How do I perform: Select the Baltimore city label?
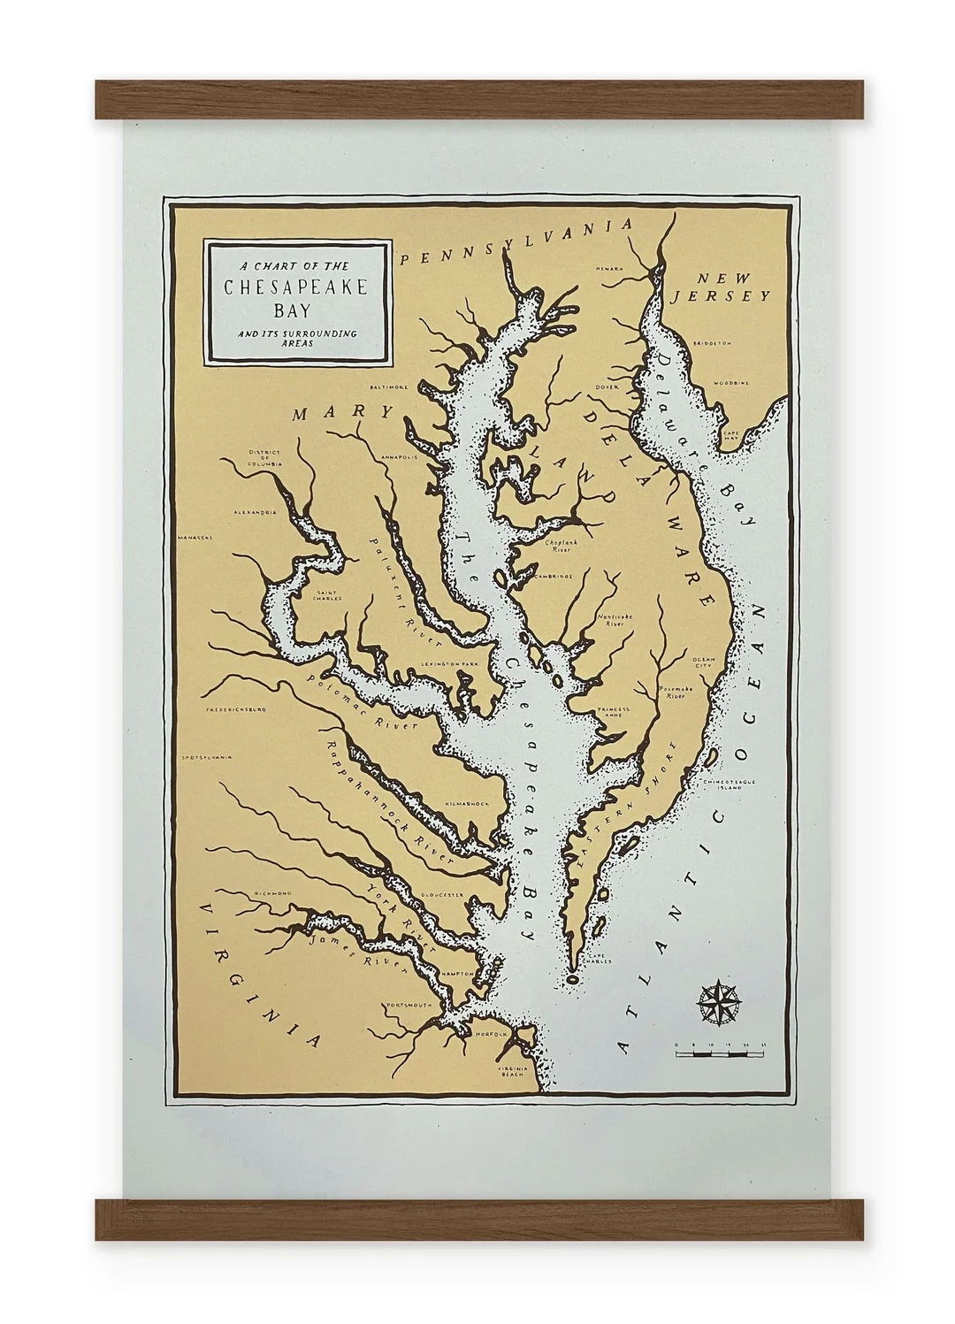point(388,386)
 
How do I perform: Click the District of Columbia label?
point(264,456)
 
